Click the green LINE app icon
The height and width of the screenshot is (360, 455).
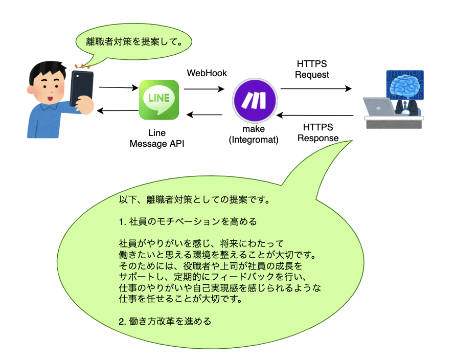158,100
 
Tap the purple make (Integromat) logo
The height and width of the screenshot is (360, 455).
255,100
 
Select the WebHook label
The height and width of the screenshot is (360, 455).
207,73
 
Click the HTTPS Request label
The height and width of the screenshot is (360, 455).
312,69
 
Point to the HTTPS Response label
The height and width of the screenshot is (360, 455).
318,132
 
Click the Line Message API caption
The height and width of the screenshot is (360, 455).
157,138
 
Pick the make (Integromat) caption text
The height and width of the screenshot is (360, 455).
254,134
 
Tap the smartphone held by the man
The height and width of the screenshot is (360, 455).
81,88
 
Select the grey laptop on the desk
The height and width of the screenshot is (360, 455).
379,107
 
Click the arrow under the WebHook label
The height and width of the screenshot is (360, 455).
204,89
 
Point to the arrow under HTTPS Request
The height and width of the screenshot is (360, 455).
316,88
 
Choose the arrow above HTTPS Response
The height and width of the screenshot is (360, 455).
315,116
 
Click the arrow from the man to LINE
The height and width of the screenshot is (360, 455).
119,87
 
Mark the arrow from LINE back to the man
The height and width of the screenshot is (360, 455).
118,110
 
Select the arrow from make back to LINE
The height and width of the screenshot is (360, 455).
204,115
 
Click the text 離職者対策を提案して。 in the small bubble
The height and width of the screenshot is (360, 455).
134,42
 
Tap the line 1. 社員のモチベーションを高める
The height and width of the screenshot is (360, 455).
188,222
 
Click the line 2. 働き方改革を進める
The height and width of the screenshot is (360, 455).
165,321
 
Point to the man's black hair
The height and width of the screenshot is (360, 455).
47,71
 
